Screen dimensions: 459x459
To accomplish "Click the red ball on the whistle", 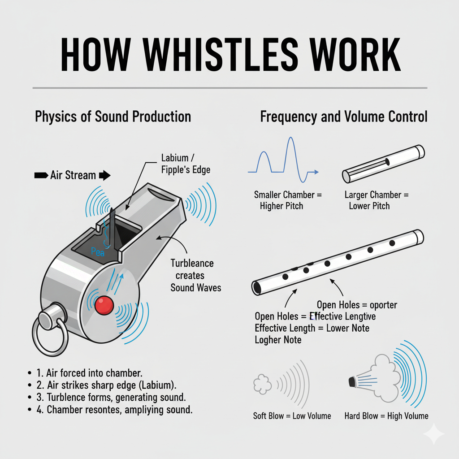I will point(104,305).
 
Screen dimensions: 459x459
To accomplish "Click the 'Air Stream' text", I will point(73,175).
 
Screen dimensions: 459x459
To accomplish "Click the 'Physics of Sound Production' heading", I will point(113,117).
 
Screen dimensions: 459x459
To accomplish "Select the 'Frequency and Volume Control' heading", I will point(343,117).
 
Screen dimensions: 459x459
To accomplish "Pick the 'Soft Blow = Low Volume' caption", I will point(292,416).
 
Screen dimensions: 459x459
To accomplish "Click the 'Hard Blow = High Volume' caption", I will point(386,416).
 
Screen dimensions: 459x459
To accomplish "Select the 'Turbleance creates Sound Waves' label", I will point(195,275).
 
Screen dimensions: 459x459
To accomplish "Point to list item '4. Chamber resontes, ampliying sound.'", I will point(114,410).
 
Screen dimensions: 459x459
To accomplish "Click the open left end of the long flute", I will point(257,287).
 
